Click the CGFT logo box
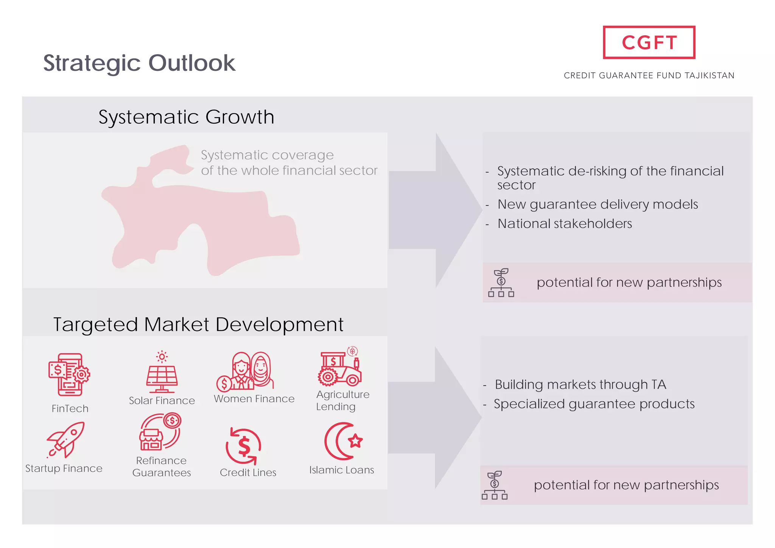(649, 42)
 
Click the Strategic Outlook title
(139, 63)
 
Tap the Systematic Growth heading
(186, 117)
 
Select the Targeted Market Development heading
(198, 324)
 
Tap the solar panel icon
(162, 373)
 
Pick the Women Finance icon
(245, 371)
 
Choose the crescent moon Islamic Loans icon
(343, 441)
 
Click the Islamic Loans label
(341, 470)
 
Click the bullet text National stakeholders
(564, 224)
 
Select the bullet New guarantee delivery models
(597, 204)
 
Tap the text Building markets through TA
(580, 385)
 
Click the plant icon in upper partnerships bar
(501, 283)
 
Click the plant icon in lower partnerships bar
(495, 485)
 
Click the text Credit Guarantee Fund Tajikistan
(649, 75)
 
